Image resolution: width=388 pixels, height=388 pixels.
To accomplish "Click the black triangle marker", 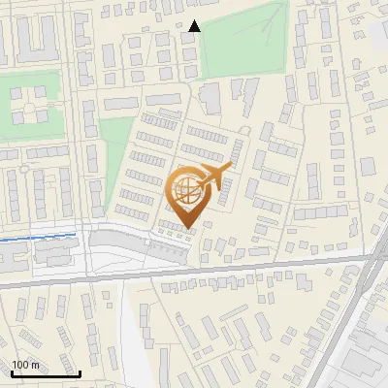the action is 196,26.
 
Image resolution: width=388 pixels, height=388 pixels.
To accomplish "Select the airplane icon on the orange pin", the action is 217,175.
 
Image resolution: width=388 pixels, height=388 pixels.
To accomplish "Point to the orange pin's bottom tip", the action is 187,228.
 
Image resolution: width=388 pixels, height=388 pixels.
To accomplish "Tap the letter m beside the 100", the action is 35,365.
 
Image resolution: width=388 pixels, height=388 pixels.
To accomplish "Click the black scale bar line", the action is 45,373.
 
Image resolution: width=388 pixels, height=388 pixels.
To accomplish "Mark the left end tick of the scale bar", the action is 11,372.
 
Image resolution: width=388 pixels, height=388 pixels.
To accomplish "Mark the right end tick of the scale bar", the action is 80,372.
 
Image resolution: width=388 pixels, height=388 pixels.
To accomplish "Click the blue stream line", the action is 39,236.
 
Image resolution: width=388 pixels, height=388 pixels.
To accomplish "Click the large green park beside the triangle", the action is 247,44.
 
